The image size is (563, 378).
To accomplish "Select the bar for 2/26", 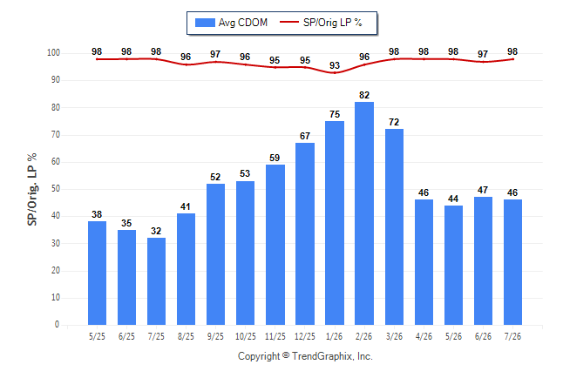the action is (364, 213).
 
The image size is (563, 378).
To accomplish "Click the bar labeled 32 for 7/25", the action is (156, 281).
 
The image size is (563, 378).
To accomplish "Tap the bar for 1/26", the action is (335, 223).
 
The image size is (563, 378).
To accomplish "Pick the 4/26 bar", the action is (424, 262).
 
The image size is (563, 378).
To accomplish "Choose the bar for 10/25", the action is (245, 253).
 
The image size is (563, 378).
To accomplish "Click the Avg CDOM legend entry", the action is (231, 23).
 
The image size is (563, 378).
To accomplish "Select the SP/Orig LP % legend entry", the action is (321, 23).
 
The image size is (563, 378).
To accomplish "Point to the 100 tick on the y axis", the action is (53, 53).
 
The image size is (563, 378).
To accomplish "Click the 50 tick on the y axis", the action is (56, 189).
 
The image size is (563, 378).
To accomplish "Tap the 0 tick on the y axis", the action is (58, 325).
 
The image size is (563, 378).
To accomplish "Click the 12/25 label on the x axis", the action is (305, 336).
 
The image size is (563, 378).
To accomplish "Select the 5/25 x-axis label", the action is (97, 336).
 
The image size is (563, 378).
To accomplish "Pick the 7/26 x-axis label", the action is (512, 336).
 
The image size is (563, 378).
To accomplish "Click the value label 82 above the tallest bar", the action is (364, 95).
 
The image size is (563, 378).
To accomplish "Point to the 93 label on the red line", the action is (335, 65).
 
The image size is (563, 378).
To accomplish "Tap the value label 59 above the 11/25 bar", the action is (275, 158).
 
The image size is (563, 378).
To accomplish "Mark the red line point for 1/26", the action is (335, 73).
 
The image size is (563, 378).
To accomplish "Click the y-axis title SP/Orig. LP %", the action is (32, 189).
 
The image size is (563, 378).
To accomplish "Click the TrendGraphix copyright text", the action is (305, 356).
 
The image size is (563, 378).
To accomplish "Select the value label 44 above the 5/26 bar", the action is (453, 199).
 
